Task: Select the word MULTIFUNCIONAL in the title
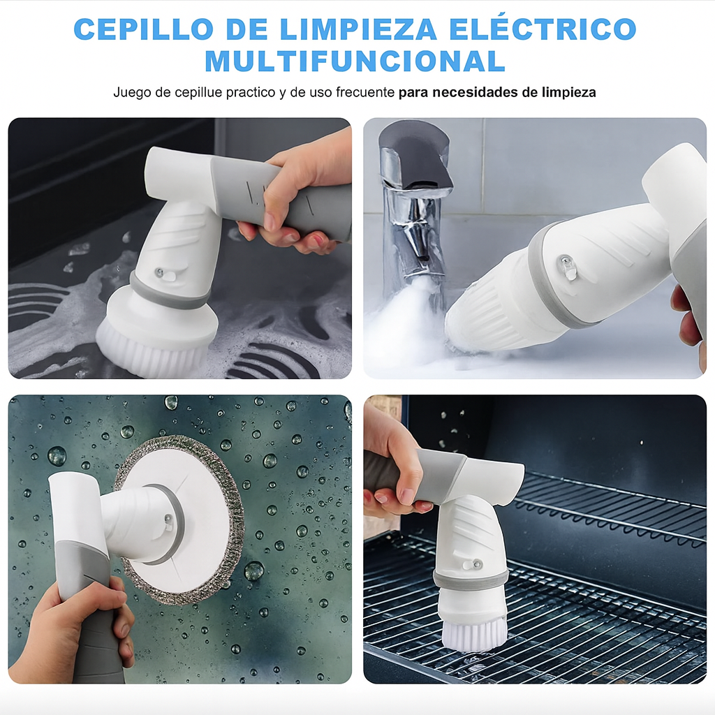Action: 355,61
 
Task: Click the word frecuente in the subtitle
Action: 365,92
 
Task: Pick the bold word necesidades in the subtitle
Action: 476,92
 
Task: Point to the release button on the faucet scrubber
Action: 567,267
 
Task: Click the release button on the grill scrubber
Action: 473,565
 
